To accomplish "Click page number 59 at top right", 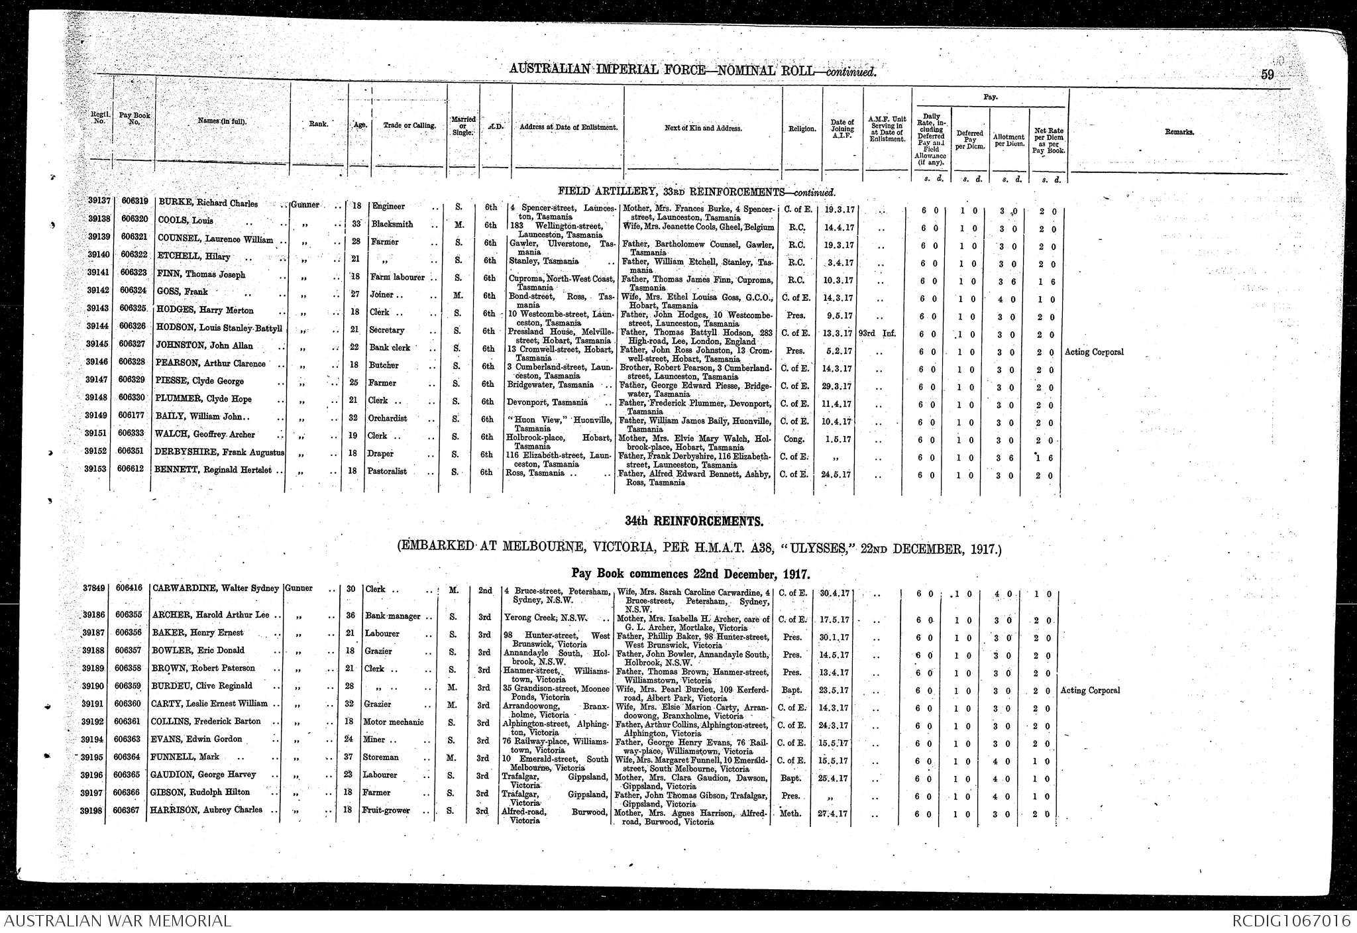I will pyautogui.click(x=1267, y=75).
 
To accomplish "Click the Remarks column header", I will pyautogui.click(x=1179, y=132).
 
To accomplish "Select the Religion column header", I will pyautogui.click(x=802, y=129).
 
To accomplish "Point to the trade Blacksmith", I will pyautogui.click(x=392, y=224).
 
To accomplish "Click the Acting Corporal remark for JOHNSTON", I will pyautogui.click(x=1094, y=352).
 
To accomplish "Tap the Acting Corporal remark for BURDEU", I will pyautogui.click(x=1090, y=690).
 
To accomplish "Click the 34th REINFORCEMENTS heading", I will pyautogui.click(x=694, y=521).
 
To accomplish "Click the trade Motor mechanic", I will pyautogui.click(x=394, y=722).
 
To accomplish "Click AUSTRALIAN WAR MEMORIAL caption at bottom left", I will pyautogui.click(x=117, y=920).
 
